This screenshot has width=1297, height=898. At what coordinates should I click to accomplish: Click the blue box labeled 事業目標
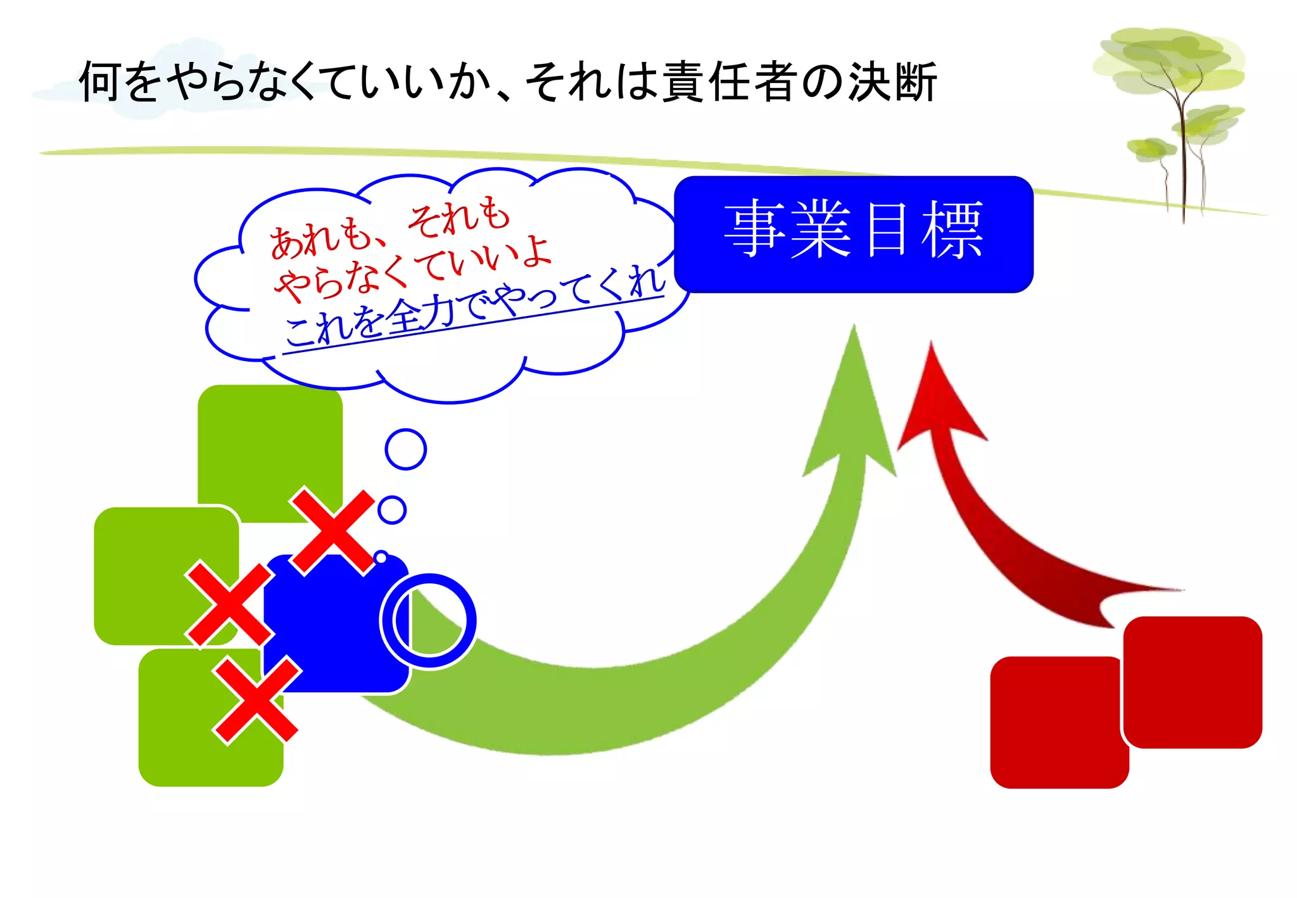(x=854, y=234)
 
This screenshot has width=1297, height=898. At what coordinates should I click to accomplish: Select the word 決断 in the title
(x=893, y=82)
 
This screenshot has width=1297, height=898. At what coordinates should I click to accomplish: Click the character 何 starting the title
(x=99, y=82)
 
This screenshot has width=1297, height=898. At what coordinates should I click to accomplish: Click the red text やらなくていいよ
(x=412, y=269)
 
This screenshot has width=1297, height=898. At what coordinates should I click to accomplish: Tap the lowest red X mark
(x=256, y=700)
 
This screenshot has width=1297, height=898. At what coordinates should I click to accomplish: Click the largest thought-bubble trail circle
(x=405, y=450)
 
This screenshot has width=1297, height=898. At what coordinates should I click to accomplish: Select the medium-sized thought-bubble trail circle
(x=392, y=510)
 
